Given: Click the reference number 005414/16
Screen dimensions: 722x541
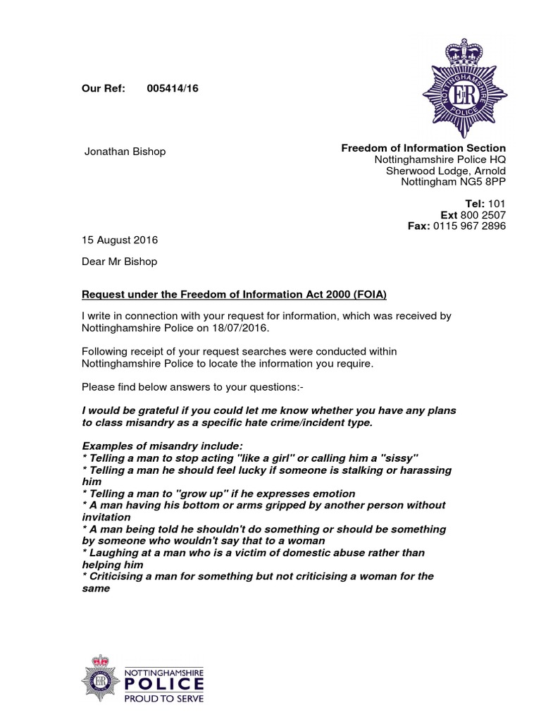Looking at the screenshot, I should pos(173,88).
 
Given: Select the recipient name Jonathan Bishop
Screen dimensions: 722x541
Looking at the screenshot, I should pos(125,152).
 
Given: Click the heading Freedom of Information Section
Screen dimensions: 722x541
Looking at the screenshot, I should pos(423,148).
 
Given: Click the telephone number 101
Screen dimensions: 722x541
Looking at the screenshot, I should pos(497,204).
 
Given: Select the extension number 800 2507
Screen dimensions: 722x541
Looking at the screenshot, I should pos(483,215).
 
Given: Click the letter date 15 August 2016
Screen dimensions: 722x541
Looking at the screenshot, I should pos(120,240).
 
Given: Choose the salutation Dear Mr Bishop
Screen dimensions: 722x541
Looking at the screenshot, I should pos(120,262).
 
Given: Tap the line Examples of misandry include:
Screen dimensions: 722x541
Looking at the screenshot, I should pos(162,446).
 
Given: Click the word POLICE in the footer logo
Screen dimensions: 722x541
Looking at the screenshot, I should pos(164,685).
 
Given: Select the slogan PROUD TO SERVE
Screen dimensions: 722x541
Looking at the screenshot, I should pos(163,699).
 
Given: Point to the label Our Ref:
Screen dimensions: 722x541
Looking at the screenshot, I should pos(104,88).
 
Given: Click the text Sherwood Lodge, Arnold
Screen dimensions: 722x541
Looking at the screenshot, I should pos(445,171).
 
